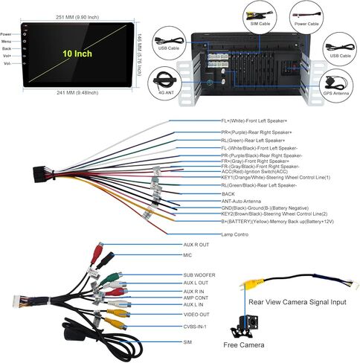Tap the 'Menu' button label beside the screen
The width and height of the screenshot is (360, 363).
click(7, 41)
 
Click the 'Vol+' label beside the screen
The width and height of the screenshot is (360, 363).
click(7, 56)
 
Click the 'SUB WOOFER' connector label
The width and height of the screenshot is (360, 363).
click(199, 274)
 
